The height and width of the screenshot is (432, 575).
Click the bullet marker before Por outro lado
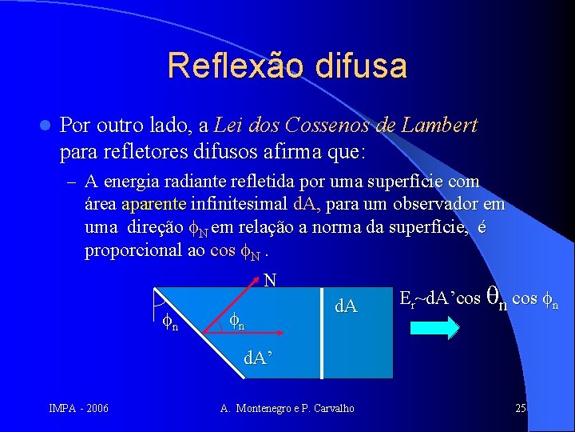tap(45, 126)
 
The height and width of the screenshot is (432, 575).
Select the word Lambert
tap(440, 126)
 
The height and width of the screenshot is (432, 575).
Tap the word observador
tap(447, 205)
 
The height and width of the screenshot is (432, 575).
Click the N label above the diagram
tap(270, 280)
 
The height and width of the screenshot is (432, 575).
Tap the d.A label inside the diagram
tap(346, 306)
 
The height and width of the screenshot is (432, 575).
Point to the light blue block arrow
tap(437, 328)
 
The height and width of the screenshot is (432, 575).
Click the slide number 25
tap(521, 409)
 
